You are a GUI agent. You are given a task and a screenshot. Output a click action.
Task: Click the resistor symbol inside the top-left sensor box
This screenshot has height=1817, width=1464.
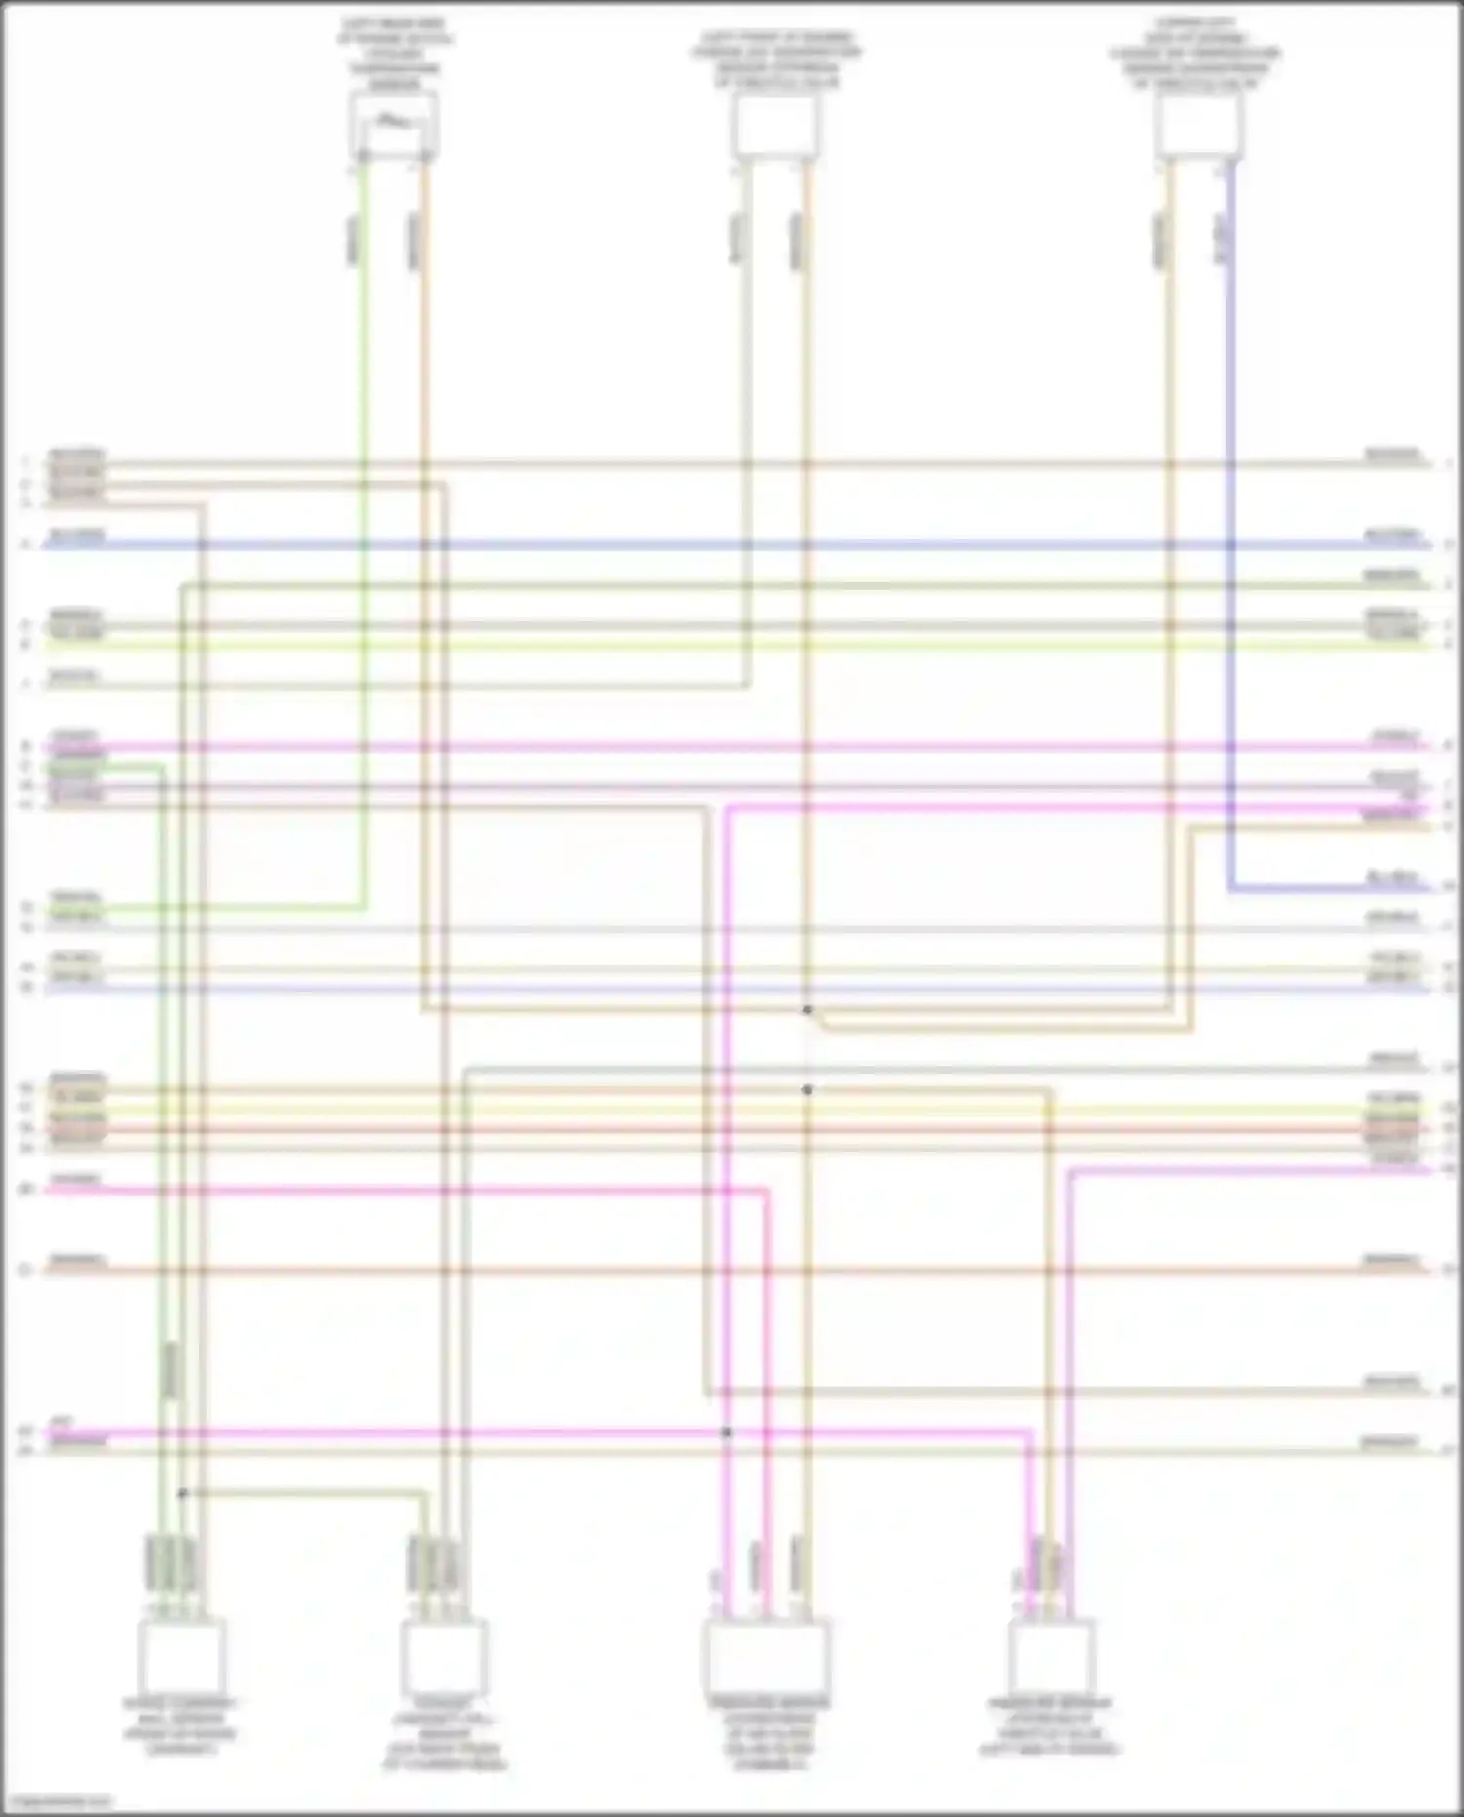coord(392,122)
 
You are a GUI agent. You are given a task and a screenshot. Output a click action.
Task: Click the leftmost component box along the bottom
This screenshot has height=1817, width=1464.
coord(182,1657)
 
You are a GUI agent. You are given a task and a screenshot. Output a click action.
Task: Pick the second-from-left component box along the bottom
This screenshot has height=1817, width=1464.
coord(444,1657)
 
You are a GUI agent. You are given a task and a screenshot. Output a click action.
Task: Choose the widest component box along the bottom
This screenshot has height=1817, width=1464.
coord(767,1657)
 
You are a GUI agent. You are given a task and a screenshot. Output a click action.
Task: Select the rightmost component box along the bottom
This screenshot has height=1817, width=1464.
coord(1052,1657)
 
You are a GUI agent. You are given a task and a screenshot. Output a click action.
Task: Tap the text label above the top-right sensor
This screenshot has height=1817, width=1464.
coord(1196,54)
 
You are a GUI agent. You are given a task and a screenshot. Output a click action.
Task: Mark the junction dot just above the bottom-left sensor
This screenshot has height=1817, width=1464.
coord(182,1493)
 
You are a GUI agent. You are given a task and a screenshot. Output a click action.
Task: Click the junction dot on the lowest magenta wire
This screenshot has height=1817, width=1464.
coord(726,1432)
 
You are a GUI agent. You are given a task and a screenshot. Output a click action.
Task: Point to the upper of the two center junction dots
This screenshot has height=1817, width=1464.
coord(807,1010)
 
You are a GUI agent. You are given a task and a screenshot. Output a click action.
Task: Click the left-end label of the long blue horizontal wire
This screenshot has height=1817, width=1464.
coord(76,535)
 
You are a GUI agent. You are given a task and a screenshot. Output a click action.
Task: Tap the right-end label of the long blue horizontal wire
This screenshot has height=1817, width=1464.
coord(1392,535)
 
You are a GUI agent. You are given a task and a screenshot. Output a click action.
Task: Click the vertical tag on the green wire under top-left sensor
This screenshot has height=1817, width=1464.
coord(353,239)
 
